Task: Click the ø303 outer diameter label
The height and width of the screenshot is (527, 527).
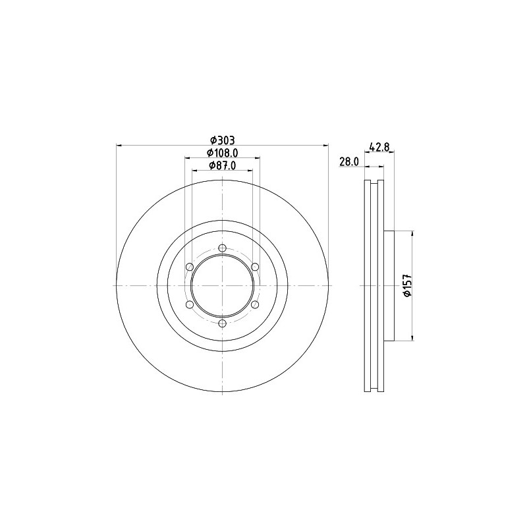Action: pyautogui.click(x=222, y=140)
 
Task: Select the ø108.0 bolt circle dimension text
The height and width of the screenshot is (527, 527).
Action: pyautogui.click(x=222, y=153)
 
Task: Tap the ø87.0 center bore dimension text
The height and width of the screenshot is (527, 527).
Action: pyautogui.click(x=222, y=166)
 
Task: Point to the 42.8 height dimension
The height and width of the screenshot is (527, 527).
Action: pyautogui.click(x=379, y=147)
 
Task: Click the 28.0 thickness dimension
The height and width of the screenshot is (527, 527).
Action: pyautogui.click(x=349, y=162)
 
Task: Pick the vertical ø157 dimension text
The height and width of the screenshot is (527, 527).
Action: pyautogui.click(x=408, y=286)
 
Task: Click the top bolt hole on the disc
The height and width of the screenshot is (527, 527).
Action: pyautogui.click(x=222, y=248)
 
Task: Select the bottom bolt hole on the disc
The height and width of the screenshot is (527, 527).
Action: pyautogui.click(x=222, y=323)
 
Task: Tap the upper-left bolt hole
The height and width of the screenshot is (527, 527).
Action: pyautogui.click(x=190, y=267)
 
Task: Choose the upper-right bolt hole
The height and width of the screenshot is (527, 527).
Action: pyautogui.click(x=255, y=267)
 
